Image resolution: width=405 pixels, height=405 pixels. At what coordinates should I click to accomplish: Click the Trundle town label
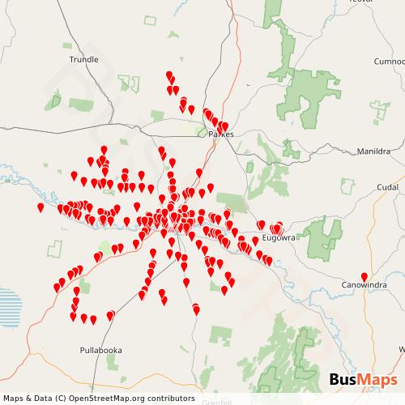pyautogui.click(x=84, y=59)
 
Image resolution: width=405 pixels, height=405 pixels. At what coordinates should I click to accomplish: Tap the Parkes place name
pyautogui.click(x=220, y=134)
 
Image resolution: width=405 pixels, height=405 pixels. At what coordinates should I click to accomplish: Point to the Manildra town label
pyautogui.click(x=373, y=151)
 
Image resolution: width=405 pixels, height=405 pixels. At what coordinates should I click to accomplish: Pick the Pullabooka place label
pyautogui.click(x=100, y=351)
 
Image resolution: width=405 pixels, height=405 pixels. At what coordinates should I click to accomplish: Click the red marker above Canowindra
pyautogui.click(x=364, y=276)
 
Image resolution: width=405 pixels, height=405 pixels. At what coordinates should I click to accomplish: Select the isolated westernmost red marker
pyautogui.click(x=40, y=207)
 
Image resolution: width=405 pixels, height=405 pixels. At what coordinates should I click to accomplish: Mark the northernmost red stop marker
pyautogui.click(x=169, y=75)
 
